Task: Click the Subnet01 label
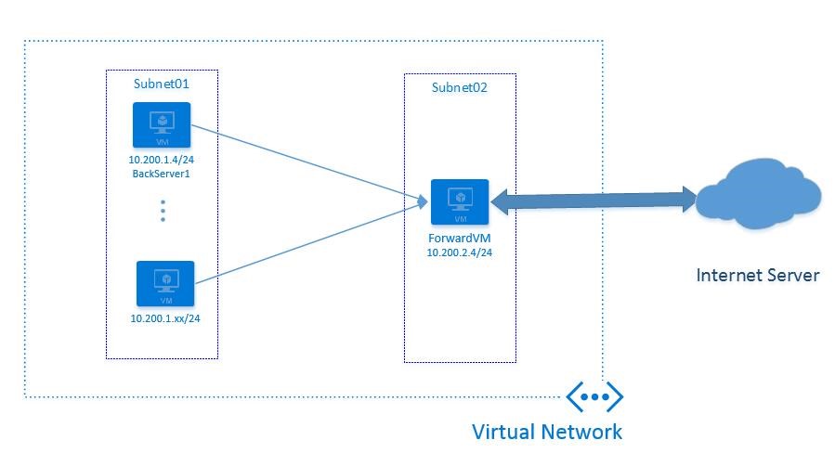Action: tap(162, 84)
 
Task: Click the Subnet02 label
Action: tap(460, 87)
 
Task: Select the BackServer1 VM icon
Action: tap(162, 125)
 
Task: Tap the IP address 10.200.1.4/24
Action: tap(162, 161)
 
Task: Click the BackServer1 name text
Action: tap(162, 175)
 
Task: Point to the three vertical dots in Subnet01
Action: tap(163, 211)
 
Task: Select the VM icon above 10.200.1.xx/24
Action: tap(165, 284)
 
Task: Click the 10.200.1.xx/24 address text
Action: tap(165, 319)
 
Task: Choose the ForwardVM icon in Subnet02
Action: tap(460, 202)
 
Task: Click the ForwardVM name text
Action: tap(460, 238)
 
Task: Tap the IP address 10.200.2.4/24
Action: tap(460, 252)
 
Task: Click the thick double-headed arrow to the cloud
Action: tap(594, 200)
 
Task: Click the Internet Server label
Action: tap(758, 276)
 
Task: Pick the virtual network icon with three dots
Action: tap(594, 396)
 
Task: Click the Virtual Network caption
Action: tap(547, 432)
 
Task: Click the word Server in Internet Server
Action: tap(790, 276)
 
